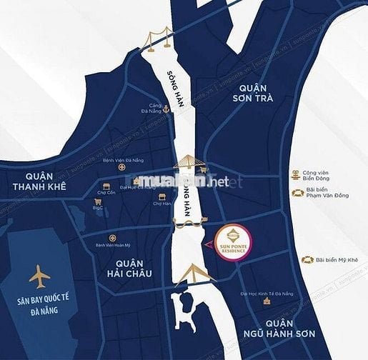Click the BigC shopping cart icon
tap(99, 202)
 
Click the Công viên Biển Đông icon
tap(294, 174)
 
